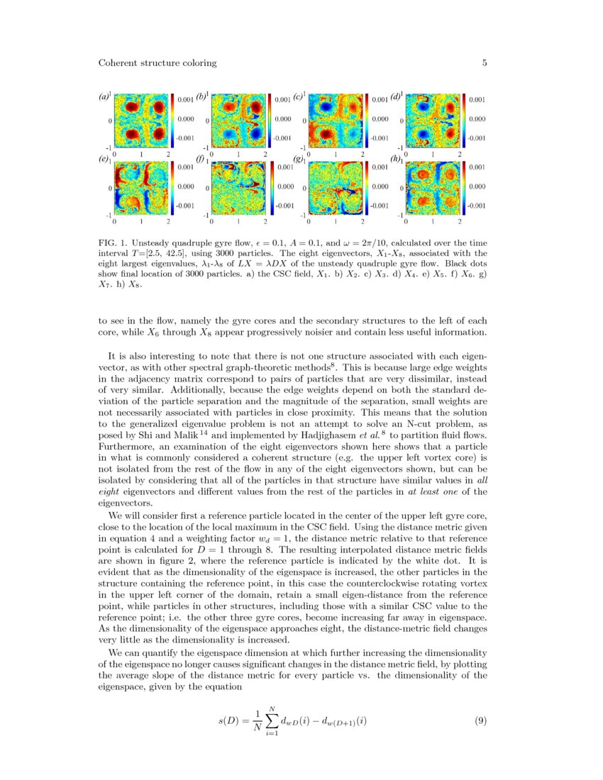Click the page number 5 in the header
pos(485,63)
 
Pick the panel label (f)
pos(201,160)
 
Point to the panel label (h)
pos(396,160)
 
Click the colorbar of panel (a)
pos(173,120)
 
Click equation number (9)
pos(480,721)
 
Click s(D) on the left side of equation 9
pos(231,721)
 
